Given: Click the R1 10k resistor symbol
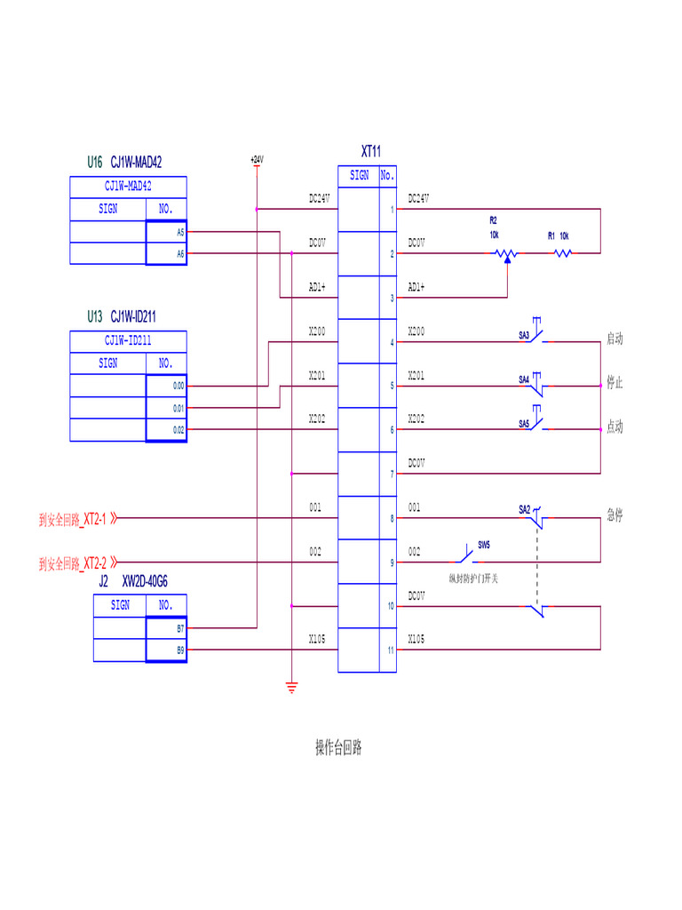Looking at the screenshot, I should point(562,254).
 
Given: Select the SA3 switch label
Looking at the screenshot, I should point(524,335).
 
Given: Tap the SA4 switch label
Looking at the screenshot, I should point(524,379).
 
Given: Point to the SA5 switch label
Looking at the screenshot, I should point(524,424).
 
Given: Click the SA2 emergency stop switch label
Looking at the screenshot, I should point(524,509).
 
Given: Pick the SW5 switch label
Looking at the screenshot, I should point(484,544).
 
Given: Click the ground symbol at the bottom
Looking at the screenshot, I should point(291,687).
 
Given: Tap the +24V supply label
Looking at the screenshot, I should point(257,160).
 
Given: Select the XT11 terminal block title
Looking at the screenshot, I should point(371,152).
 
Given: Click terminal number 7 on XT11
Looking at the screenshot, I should point(391,475).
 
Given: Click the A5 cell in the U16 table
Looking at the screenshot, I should point(167,232).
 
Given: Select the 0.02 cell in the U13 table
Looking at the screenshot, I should point(167,430).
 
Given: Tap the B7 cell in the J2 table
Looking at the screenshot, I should point(167,628).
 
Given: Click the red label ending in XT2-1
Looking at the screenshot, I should point(78,519).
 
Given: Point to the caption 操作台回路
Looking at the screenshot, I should point(338,747).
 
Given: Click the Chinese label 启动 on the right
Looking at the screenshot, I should point(615,339).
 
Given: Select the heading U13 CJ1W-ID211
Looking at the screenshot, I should point(123,316).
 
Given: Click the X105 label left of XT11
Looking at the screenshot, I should point(317,639).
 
